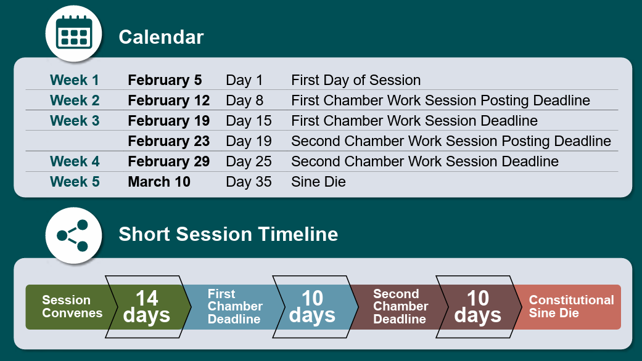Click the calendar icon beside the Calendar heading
pos(74,33)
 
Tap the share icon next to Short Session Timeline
pos(73,235)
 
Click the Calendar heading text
pos(161,37)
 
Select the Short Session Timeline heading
pos(228,234)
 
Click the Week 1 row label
pos(74,79)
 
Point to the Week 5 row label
pos(75,182)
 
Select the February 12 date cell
pos(169,100)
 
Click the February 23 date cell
pos(169,141)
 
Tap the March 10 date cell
pos(159,182)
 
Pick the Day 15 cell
pos(249,121)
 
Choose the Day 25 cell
pos(249,161)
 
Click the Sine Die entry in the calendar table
pos(318,182)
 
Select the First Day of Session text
pos(356,79)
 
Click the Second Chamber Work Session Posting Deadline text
pos(451,141)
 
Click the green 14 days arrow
pos(148,307)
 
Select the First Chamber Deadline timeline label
pos(234,306)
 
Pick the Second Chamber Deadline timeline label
pos(400,306)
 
